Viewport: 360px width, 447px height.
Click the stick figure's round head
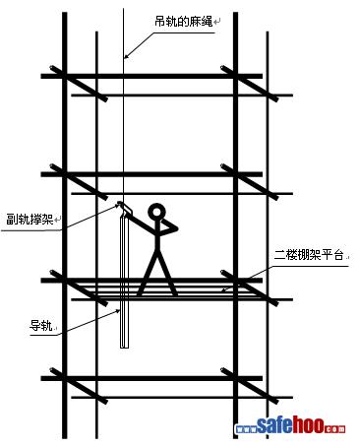coord(156,213)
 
